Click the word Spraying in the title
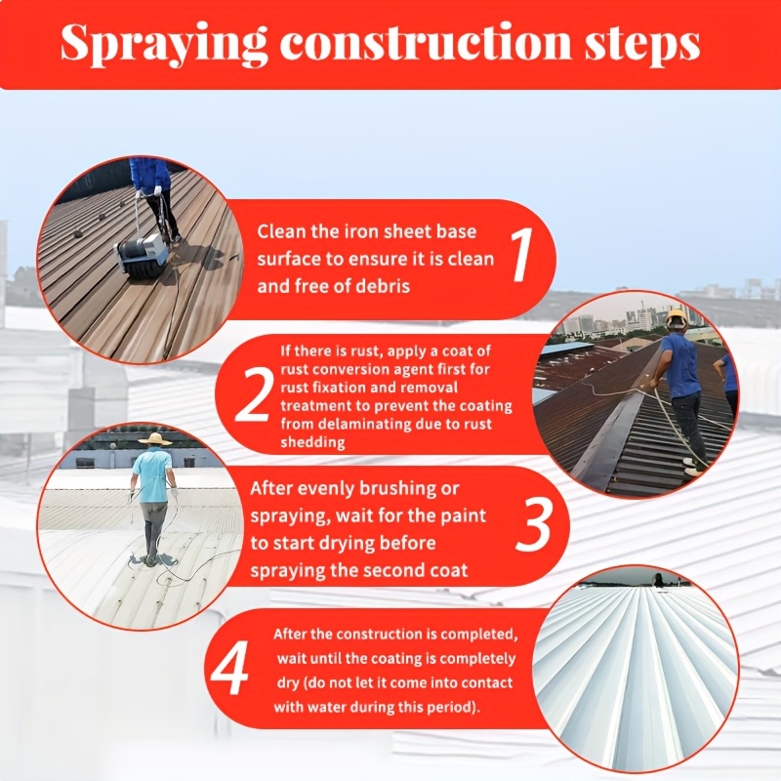point(163,44)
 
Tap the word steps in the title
point(641,45)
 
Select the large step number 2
point(254,393)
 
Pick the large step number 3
point(533,526)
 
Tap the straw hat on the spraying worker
point(155,438)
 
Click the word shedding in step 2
point(312,443)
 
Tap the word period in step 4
point(452,707)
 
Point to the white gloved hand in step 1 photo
point(157,190)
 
